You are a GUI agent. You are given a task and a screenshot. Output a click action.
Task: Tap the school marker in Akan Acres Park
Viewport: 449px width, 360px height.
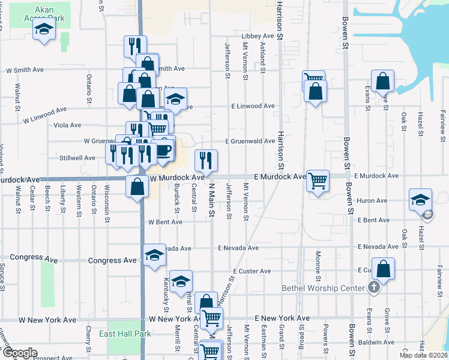tap(44, 30)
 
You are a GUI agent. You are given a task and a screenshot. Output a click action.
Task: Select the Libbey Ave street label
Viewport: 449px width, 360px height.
tap(258, 36)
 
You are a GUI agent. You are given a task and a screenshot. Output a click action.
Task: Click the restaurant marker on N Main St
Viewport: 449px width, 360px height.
tap(206, 160)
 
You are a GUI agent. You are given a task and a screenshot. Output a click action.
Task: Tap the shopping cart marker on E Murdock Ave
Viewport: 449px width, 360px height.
tap(318, 180)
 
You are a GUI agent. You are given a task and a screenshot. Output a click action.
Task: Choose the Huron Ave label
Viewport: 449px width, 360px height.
tap(372, 201)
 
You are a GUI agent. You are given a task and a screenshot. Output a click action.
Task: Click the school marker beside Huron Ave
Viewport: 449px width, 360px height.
tap(420, 200)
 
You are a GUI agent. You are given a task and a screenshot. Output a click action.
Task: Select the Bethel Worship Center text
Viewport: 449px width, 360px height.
tap(324, 288)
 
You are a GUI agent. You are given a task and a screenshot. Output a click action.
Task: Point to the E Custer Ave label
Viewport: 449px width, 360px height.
tap(252, 271)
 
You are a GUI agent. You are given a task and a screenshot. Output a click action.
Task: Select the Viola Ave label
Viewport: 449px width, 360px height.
tap(67, 125)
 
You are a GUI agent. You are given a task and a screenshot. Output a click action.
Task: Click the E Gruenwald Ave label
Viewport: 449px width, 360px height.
tap(250, 141)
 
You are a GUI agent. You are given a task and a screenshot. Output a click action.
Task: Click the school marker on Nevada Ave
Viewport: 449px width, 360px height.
tap(154, 254)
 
